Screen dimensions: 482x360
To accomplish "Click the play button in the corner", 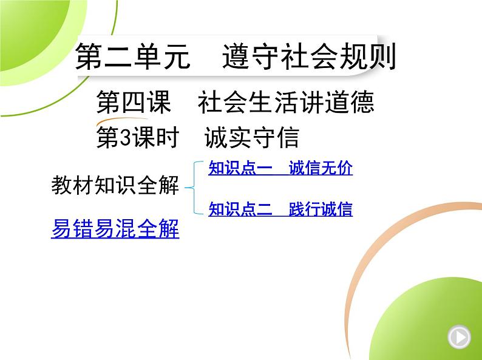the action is tap(459, 338).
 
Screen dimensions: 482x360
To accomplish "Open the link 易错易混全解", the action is tap(115, 228).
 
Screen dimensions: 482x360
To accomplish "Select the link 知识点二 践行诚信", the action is tap(280, 209).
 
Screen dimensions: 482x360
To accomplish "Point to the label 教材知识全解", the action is tap(115, 185).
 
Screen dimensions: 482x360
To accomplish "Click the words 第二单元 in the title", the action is tap(132, 56).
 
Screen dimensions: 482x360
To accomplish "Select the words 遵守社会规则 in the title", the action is tap(309, 56).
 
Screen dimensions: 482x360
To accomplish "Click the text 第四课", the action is tap(134, 102).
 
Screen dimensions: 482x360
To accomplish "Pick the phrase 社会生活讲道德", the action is tap(286, 102).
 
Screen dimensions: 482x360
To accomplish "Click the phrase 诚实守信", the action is tap(252, 138).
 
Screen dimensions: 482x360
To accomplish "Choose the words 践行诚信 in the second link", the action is tap(321, 209).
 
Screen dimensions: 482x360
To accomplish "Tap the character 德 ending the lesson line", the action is tap(362, 102).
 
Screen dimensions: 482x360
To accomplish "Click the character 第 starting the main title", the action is tap(89, 56).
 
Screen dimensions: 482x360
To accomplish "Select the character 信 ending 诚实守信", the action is tap(288, 138).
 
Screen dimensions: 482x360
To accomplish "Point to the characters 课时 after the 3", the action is tap(155, 138).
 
